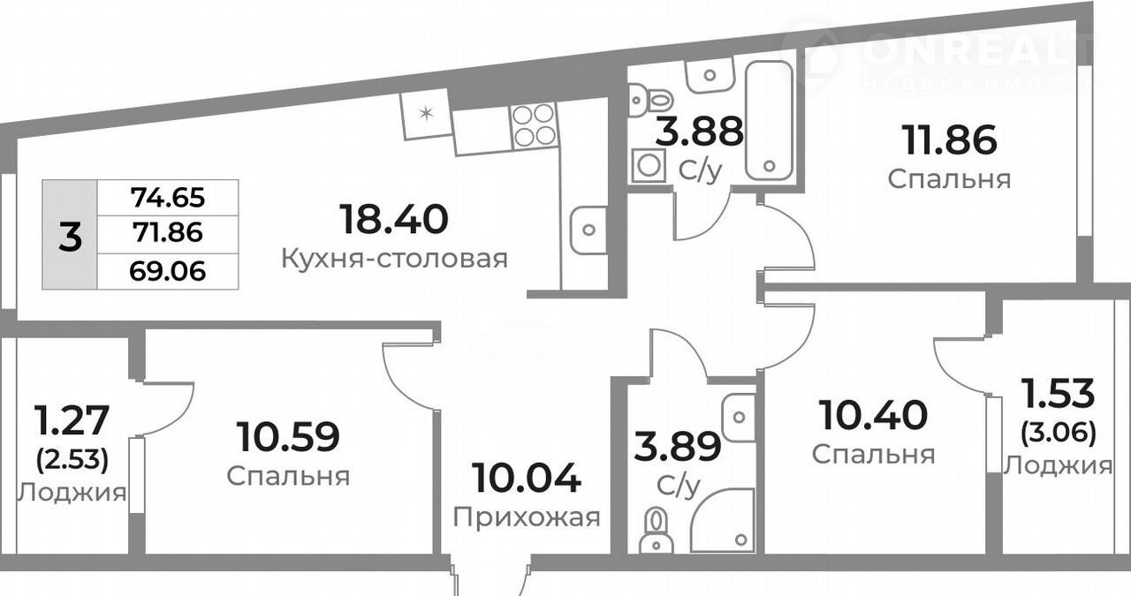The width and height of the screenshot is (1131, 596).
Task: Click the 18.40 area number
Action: coord(394,220)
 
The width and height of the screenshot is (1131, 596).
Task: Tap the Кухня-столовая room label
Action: coord(394,259)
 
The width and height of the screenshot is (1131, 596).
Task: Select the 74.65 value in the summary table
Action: coord(168,197)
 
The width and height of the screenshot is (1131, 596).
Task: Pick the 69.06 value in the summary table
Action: coord(168,271)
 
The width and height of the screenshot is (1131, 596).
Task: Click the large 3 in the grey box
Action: coord(70,237)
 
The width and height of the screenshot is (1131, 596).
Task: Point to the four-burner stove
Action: coord(533,124)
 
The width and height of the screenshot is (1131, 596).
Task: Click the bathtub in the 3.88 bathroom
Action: coord(769,120)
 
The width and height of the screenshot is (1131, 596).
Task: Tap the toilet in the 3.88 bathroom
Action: coord(650,101)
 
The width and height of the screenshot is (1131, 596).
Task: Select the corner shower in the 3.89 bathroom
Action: coord(722,520)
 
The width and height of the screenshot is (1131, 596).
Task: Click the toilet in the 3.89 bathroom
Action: coord(656,531)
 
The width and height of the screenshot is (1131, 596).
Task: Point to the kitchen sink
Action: coord(588,230)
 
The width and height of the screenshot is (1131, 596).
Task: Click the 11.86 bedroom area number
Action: coord(950,140)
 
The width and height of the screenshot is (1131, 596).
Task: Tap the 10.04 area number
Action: coord(526,478)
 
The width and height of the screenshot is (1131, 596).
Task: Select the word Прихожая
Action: coord(526,517)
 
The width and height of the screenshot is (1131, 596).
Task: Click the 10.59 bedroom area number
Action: coord(289,437)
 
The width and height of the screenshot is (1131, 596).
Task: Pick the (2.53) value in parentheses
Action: coord(72,459)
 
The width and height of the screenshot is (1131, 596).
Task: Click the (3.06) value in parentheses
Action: coord(1059,433)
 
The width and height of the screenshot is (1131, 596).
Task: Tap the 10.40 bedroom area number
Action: coord(874,415)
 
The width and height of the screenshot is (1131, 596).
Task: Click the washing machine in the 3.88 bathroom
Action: coord(649,165)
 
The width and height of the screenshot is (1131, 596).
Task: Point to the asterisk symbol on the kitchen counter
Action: coord(427,113)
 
